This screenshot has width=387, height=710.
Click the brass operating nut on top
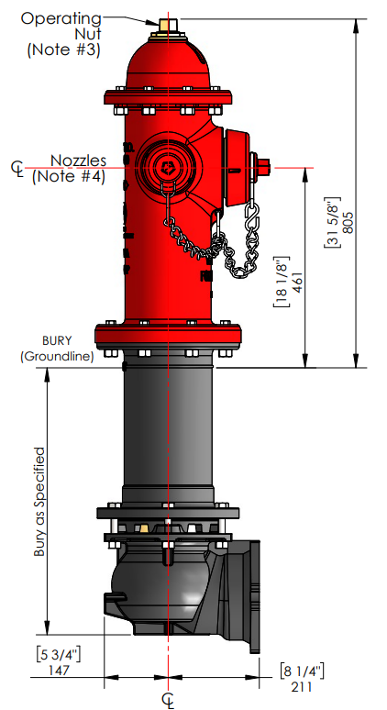tap(167, 24)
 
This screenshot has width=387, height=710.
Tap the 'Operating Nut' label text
tap(64, 25)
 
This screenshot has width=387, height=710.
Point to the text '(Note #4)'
tap(67, 176)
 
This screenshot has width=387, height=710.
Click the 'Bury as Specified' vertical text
tap(39, 503)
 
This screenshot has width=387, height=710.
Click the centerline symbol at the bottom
tap(168, 700)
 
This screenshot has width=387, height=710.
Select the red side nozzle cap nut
tap(263, 167)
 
